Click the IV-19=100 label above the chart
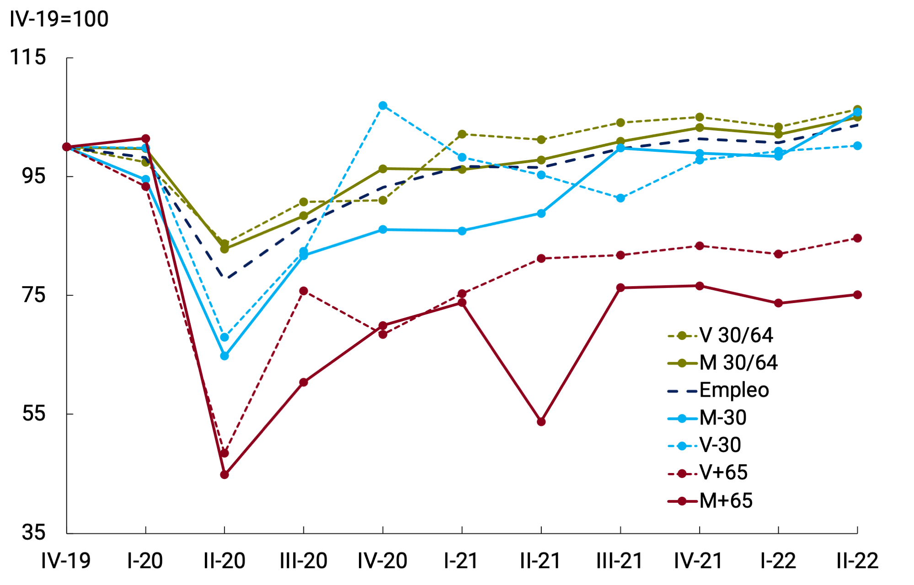[59, 19]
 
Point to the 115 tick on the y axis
[28, 58]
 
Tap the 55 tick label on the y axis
[34, 414]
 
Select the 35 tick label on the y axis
[34, 532]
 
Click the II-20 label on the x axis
[224, 561]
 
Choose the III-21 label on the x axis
[620, 561]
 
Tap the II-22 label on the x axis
[857, 561]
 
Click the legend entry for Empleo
[734, 390]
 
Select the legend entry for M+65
[726, 501]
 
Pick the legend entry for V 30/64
[736, 335]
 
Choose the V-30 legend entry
[720, 445]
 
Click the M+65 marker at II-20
[224, 475]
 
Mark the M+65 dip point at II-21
[541, 422]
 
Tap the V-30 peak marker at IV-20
[383, 106]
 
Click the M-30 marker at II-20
[224, 356]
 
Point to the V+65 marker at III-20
[304, 291]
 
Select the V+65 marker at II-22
[857, 238]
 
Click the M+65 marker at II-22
[857, 295]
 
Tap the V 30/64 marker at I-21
[462, 134]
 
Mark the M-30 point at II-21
[541, 213]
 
